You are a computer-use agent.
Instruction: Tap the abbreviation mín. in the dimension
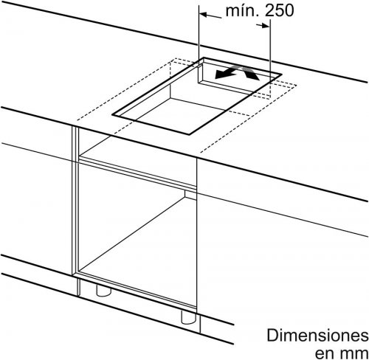tap(242, 11)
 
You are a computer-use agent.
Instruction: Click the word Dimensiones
tap(318, 336)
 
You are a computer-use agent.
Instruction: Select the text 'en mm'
tap(342, 353)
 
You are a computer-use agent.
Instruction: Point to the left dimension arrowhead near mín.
tap(203, 15)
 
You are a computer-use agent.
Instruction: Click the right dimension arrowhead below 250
tap(266, 25)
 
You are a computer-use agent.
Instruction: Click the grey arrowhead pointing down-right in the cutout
tap(252, 74)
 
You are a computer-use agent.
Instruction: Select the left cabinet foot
tap(103, 290)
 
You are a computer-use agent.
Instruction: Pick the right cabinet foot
tap(188, 317)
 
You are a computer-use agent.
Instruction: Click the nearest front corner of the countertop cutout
tap(189, 134)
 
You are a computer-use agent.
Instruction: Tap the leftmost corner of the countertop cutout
tap(112, 114)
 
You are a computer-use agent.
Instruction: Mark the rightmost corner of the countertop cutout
tap(281, 74)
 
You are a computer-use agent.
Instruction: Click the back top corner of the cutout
tap(204, 58)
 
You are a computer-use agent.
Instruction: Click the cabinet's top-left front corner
tap(72, 126)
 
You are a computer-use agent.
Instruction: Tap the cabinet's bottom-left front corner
tap(73, 275)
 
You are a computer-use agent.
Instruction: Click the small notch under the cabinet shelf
tap(190, 195)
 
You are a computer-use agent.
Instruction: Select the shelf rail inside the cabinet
tap(138, 173)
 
